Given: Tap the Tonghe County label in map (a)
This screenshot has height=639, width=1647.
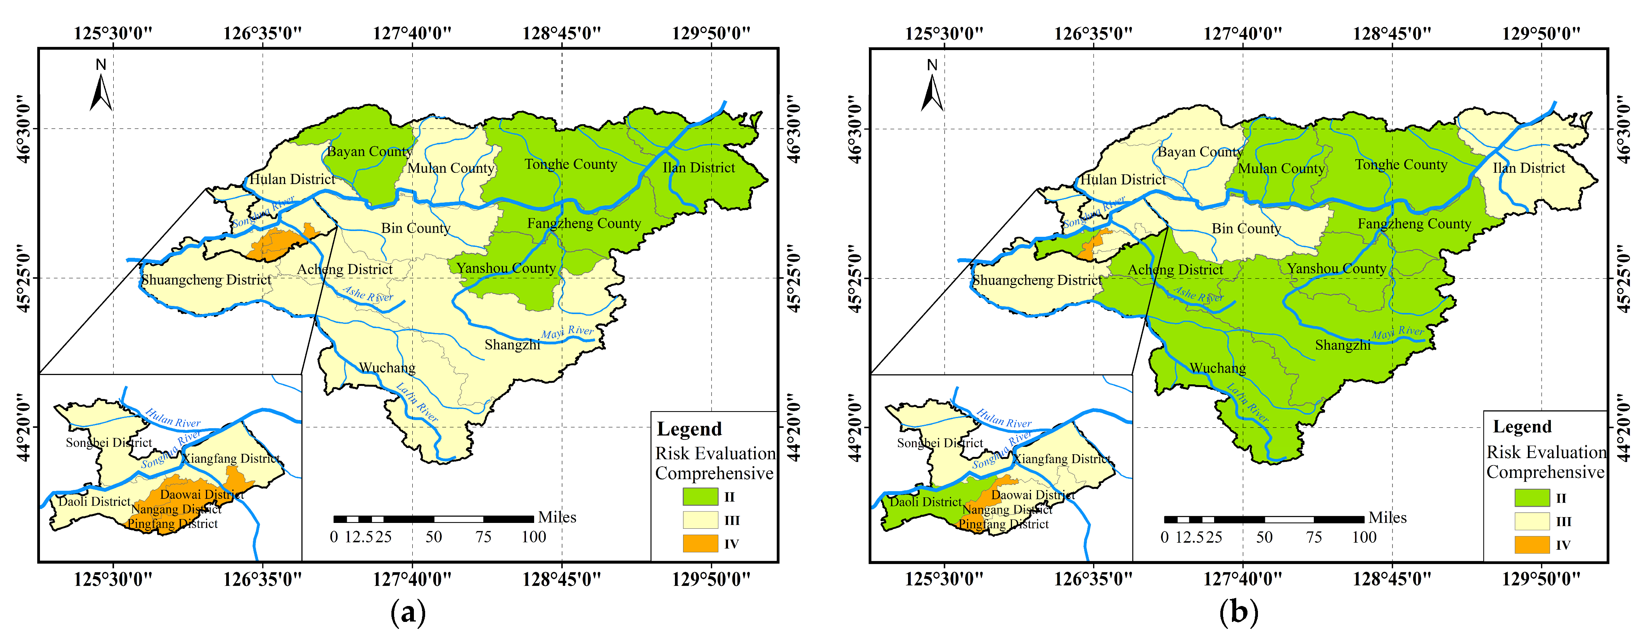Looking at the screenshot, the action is (571, 164).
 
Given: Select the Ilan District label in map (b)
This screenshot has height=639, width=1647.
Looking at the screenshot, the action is (1529, 168).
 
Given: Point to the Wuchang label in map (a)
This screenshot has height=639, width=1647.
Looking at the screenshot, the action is (387, 368).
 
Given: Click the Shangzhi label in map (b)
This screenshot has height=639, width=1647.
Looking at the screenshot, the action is (1343, 346).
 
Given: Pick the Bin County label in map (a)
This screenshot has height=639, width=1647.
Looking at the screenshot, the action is (415, 228).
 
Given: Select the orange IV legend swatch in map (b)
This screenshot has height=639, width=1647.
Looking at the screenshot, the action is (1532, 545).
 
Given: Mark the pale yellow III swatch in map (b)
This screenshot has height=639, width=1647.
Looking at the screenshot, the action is (1532, 521).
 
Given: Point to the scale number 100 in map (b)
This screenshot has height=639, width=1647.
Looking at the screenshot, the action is (1364, 537).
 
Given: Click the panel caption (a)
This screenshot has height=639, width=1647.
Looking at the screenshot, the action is (408, 612).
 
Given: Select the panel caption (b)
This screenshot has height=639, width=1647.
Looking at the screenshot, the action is (1239, 612).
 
